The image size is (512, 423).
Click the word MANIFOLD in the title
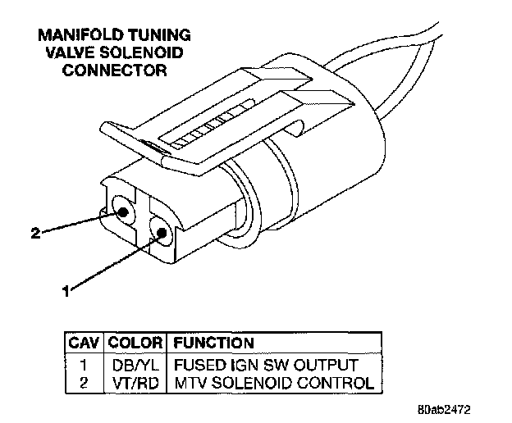point(71,35)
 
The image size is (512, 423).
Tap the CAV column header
point(85,343)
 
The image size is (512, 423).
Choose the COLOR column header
point(135,343)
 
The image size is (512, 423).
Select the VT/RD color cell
point(135,382)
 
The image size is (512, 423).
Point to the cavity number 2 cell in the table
point(85,382)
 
